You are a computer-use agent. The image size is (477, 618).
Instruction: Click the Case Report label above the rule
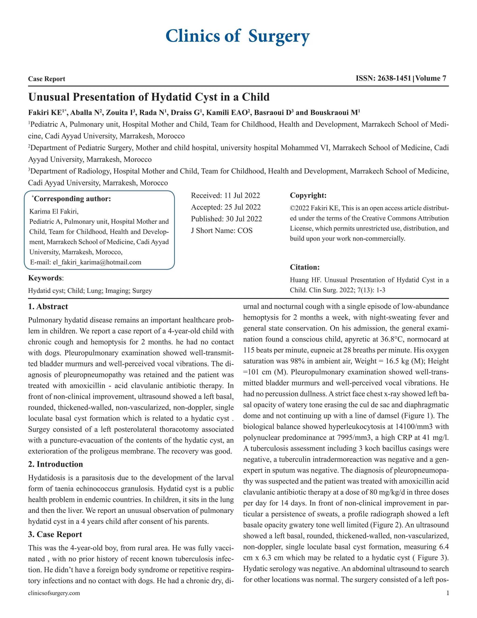tap(47, 79)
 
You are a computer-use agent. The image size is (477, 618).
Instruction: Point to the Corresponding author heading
tap(72, 199)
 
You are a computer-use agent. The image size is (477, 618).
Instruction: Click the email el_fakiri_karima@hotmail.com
tap(97, 262)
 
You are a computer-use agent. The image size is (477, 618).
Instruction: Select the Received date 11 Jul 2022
tap(242, 195)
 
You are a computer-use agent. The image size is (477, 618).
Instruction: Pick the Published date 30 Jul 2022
tap(244, 219)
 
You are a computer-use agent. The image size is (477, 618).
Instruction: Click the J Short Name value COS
tap(245, 231)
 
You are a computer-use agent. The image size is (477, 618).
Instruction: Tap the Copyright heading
tap(308, 195)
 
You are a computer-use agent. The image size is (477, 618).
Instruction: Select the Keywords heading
tap(45, 278)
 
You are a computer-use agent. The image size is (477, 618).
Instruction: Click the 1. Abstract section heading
tap(48, 307)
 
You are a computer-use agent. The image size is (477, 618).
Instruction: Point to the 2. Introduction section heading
tap(55, 464)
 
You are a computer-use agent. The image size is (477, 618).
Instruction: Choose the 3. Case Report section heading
tap(55, 534)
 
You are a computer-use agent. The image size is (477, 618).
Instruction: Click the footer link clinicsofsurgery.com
tap(54, 593)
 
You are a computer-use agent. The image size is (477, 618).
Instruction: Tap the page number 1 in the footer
tap(448, 593)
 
